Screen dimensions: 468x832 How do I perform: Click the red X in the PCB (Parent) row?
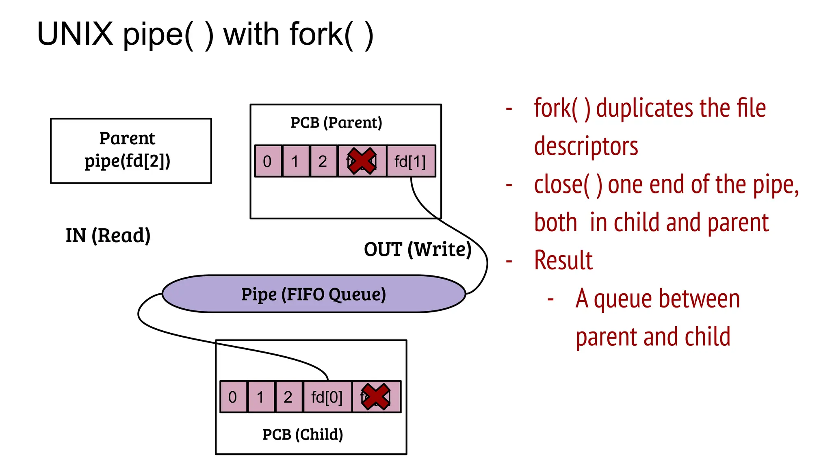pyautogui.click(x=362, y=161)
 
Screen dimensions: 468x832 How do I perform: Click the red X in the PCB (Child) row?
pyautogui.click(x=376, y=396)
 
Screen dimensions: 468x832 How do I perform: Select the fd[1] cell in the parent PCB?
pyautogui.click(x=410, y=161)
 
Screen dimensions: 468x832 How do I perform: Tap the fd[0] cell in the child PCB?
pyautogui.click(x=327, y=397)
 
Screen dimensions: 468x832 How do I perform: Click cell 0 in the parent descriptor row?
pyautogui.click(x=267, y=161)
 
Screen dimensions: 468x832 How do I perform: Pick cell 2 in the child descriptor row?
pyautogui.click(x=288, y=397)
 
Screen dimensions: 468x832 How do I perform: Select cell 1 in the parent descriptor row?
pyautogui.click(x=295, y=161)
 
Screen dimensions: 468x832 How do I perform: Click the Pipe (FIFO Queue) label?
pyautogui.click(x=313, y=294)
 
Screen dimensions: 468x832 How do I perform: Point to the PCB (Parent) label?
pyautogui.click(x=336, y=123)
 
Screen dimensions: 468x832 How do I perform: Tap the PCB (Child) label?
pyautogui.click(x=303, y=434)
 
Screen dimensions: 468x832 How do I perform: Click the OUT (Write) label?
pyautogui.click(x=418, y=249)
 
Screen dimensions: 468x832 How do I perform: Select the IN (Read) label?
pyautogui.click(x=108, y=235)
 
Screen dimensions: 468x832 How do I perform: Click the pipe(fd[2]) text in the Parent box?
pyautogui.click(x=128, y=161)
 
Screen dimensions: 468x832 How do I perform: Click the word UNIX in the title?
pyautogui.click(x=75, y=34)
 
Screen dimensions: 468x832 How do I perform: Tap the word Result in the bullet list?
pyautogui.click(x=563, y=260)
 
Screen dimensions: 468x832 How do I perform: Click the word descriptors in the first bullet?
pyautogui.click(x=586, y=146)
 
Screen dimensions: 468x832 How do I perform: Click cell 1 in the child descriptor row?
pyautogui.click(x=260, y=397)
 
